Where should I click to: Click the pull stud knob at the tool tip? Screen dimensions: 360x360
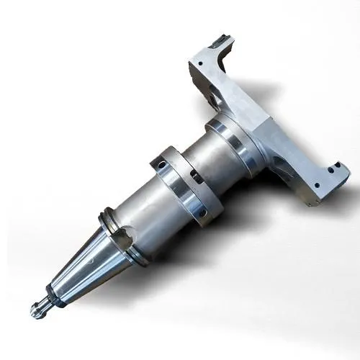(38, 309)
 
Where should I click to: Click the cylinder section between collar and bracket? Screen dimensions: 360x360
(216, 155)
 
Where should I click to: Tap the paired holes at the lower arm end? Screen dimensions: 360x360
(333, 169)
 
